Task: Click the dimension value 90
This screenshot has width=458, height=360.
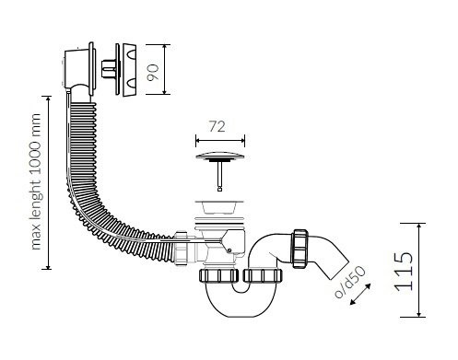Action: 153,73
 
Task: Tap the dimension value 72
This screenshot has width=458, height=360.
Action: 217,126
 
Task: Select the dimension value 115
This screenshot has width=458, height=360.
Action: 404,272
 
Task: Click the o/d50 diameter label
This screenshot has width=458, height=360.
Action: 350,283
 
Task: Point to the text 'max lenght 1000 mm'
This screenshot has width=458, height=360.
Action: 36,181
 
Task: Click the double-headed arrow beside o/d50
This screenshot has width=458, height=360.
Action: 360,294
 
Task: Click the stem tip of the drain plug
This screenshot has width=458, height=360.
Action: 219,190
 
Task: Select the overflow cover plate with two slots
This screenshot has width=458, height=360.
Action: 130,70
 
